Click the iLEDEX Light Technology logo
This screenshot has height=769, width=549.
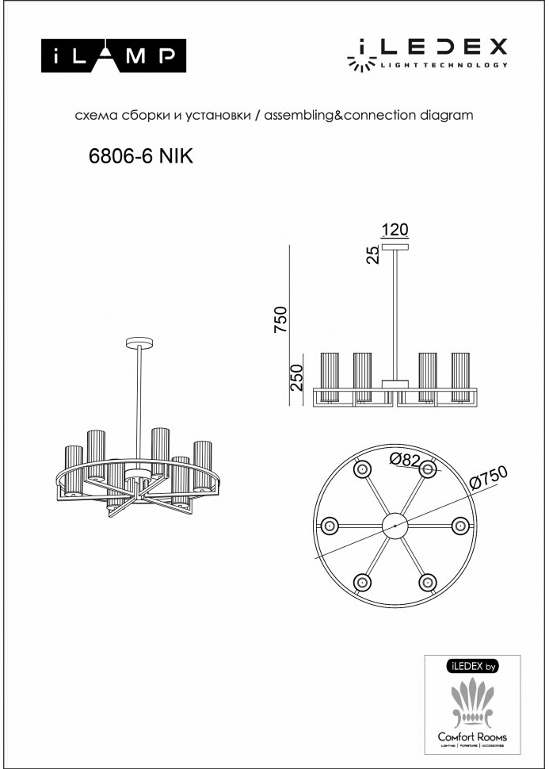click(428, 54)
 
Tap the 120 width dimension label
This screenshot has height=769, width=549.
click(394, 231)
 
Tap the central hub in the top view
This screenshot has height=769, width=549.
click(394, 525)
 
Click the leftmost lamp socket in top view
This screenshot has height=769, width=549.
click(329, 525)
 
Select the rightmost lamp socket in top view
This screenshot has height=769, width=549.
click(459, 525)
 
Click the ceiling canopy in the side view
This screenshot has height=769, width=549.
click(394, 247)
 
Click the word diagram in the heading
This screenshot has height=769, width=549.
click(444, 115)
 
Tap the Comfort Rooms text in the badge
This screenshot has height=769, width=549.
click(473, 737)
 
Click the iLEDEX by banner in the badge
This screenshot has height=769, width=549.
click(473, 667)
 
